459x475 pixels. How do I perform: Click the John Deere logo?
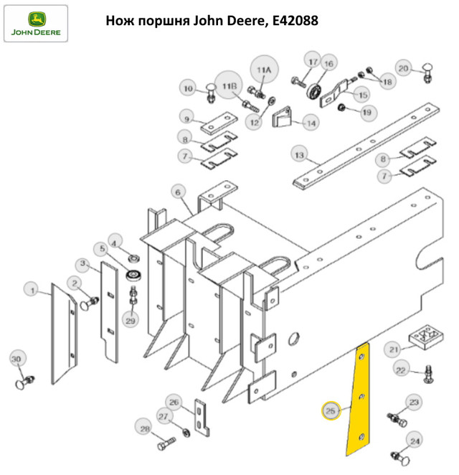36,24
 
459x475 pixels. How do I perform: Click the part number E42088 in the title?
295,21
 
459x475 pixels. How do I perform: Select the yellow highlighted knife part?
359,399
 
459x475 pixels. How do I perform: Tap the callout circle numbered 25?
331,410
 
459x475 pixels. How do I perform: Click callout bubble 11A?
264,70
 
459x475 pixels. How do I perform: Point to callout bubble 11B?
229,86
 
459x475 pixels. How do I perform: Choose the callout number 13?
299,155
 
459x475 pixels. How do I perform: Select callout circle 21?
393,349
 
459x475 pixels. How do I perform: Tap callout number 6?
178,192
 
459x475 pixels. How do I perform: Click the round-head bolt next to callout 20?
427,73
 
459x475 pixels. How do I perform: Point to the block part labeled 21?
425,337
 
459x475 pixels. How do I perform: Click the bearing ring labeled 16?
313,90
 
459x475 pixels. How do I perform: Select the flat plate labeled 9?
219,123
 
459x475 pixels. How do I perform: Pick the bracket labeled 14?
282,117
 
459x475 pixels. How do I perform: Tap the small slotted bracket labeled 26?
202,418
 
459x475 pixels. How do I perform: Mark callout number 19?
366,113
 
